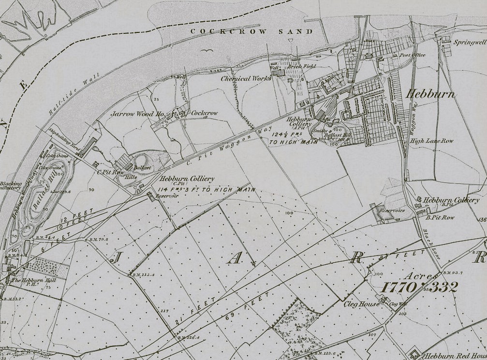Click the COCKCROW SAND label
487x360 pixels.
click(x=252, y=31)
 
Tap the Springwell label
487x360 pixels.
click(x=469, y=42)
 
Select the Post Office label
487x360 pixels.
click(x=412, y=55)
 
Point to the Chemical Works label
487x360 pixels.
click(x=246, y=78)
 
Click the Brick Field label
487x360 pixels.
click(x=302, y=66)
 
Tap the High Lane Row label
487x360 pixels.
click(x=431, y=141)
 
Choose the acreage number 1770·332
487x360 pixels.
click(x=419, y=287)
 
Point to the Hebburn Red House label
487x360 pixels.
click(x=455, y=356)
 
